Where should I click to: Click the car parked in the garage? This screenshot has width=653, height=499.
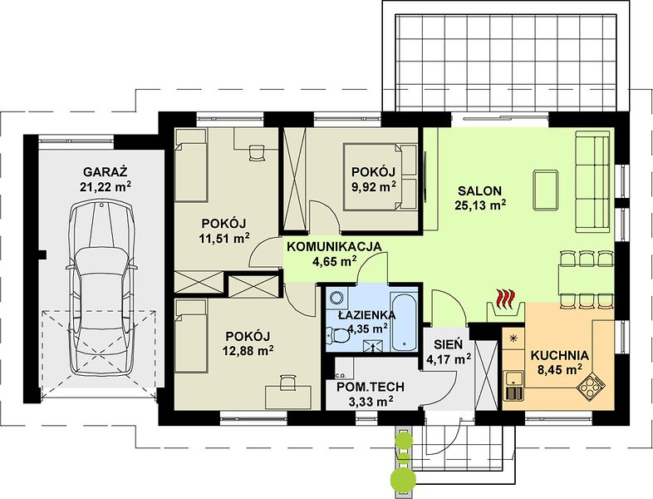click(x=102, y=288)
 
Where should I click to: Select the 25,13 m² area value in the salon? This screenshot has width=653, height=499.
click(x=479, y=205)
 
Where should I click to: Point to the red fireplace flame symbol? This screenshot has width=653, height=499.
click(x=506, y=297)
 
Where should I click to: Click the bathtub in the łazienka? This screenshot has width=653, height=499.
click(x=404, y=321)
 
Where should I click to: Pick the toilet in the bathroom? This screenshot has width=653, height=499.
click(x=339, y=336)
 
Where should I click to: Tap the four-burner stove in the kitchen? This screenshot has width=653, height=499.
click(x=591, y=388)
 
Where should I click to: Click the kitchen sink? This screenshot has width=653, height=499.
click(x=514, y=378)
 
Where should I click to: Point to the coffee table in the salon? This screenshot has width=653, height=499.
click(x=546, y=190)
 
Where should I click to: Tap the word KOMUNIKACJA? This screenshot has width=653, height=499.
click(x=334, y=246)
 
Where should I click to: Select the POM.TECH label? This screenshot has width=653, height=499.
click(x=370, y=388)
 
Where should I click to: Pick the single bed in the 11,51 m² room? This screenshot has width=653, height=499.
click(x=191, y=165)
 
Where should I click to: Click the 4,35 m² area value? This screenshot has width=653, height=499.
click(x=366, y=329)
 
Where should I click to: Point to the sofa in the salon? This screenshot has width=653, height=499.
click(x=594, y=181)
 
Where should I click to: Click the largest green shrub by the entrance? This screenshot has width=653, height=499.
click(x=403, y=479)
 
